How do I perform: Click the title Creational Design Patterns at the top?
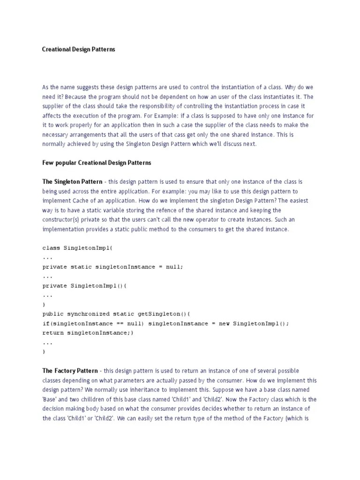pyautogui.click(x=78, y=49)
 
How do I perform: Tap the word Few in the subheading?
pyautogui.click(x=48, y=163)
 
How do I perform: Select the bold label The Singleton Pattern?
pyautogui.click(x=72, y=181)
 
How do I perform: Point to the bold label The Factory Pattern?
pyautogui.click(x=70, y=371)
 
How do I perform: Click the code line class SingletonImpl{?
pyautogui.click(x=78, y=248)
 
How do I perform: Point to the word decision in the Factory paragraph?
pyautogui.click(x=53, y=409)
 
